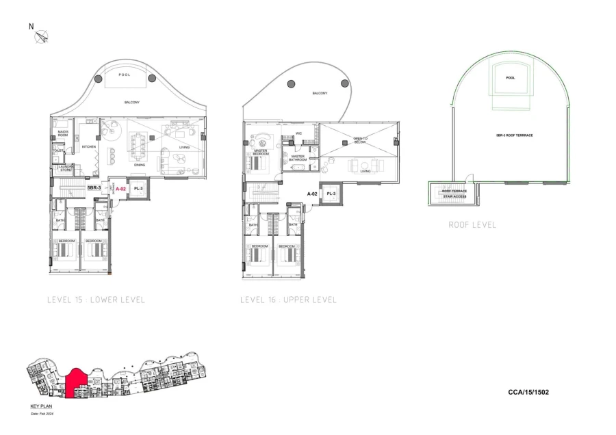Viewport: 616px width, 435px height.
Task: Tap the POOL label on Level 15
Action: pos(124,75)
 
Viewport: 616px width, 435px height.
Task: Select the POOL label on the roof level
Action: pos(510,78)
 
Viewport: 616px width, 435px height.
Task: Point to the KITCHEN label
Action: pos(88,147)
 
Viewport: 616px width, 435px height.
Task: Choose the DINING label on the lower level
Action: pos(139,165)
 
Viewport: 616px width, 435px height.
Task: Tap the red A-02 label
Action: pos(120,188)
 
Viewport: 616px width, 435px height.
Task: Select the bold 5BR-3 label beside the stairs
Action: pos(94,187)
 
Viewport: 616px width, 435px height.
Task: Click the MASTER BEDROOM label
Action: pos(260,153)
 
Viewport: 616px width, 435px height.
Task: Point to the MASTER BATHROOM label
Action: pos(298,157)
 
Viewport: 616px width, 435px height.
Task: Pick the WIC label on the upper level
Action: pos(299,133)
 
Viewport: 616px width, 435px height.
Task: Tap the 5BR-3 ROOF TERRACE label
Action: pos(511,135)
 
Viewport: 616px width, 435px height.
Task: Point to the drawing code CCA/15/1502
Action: pos(528,393)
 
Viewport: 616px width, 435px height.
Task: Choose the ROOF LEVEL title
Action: pos(472,224)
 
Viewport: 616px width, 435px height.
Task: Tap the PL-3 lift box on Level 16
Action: pos(331,194)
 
